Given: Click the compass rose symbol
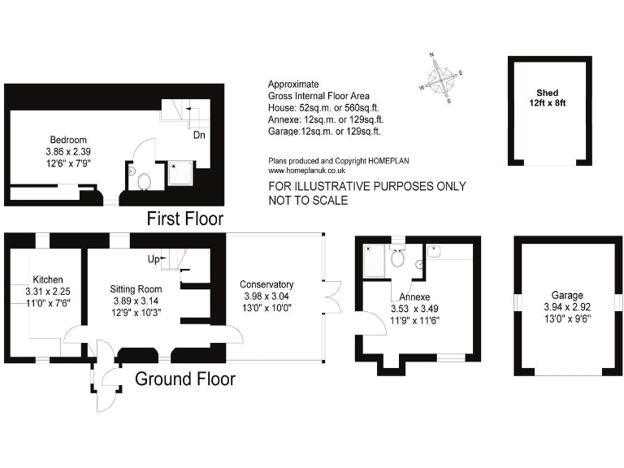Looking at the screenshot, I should click(441, 79).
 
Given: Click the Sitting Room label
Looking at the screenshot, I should click(136, 288).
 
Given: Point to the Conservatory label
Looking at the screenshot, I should click(266, 284).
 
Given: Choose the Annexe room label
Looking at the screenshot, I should click(414, 297).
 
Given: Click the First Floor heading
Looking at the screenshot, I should click(184, 219).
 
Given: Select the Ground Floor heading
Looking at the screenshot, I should click(185, 379).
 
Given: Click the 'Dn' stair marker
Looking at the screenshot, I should click(198, 135).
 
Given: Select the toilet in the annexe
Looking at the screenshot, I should click(397, 258).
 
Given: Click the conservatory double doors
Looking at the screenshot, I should click(331, 296).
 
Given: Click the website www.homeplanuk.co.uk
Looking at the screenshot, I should click(307, 171).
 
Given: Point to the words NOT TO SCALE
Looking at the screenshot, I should click(308, 200).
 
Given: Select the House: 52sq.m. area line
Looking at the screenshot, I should click(323, 107).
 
